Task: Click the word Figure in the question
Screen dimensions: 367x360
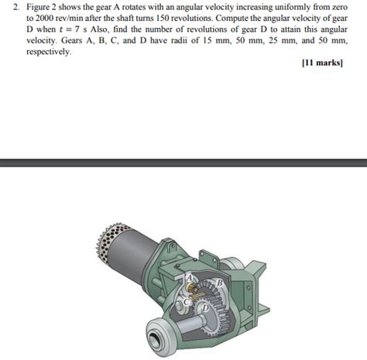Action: tap(36, 6)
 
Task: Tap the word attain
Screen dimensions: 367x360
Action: tap(302, 29)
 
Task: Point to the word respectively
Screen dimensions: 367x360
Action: tap(48, 53)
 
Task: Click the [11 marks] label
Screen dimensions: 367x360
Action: tap(322, 65)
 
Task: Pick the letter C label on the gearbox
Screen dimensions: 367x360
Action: tap(185, 301)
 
